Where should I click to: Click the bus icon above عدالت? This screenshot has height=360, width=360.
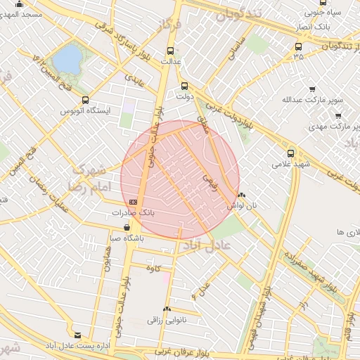(170, 50)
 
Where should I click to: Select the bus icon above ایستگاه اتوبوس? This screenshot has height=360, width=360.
(86, 100)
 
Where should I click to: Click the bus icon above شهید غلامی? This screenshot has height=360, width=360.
(291, 153)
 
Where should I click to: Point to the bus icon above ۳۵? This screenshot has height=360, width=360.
(299, 46)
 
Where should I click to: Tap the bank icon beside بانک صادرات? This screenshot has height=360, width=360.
(133, 202)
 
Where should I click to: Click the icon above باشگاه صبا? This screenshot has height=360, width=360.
(127, 228)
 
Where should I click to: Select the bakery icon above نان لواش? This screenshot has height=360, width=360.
(242, 195)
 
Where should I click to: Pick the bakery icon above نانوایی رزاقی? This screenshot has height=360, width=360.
(167, 309)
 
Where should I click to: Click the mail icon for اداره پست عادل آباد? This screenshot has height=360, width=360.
(77, 336)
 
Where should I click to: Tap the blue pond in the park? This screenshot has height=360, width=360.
(67, 59)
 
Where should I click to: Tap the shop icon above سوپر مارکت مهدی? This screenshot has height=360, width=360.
(339, 116)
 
